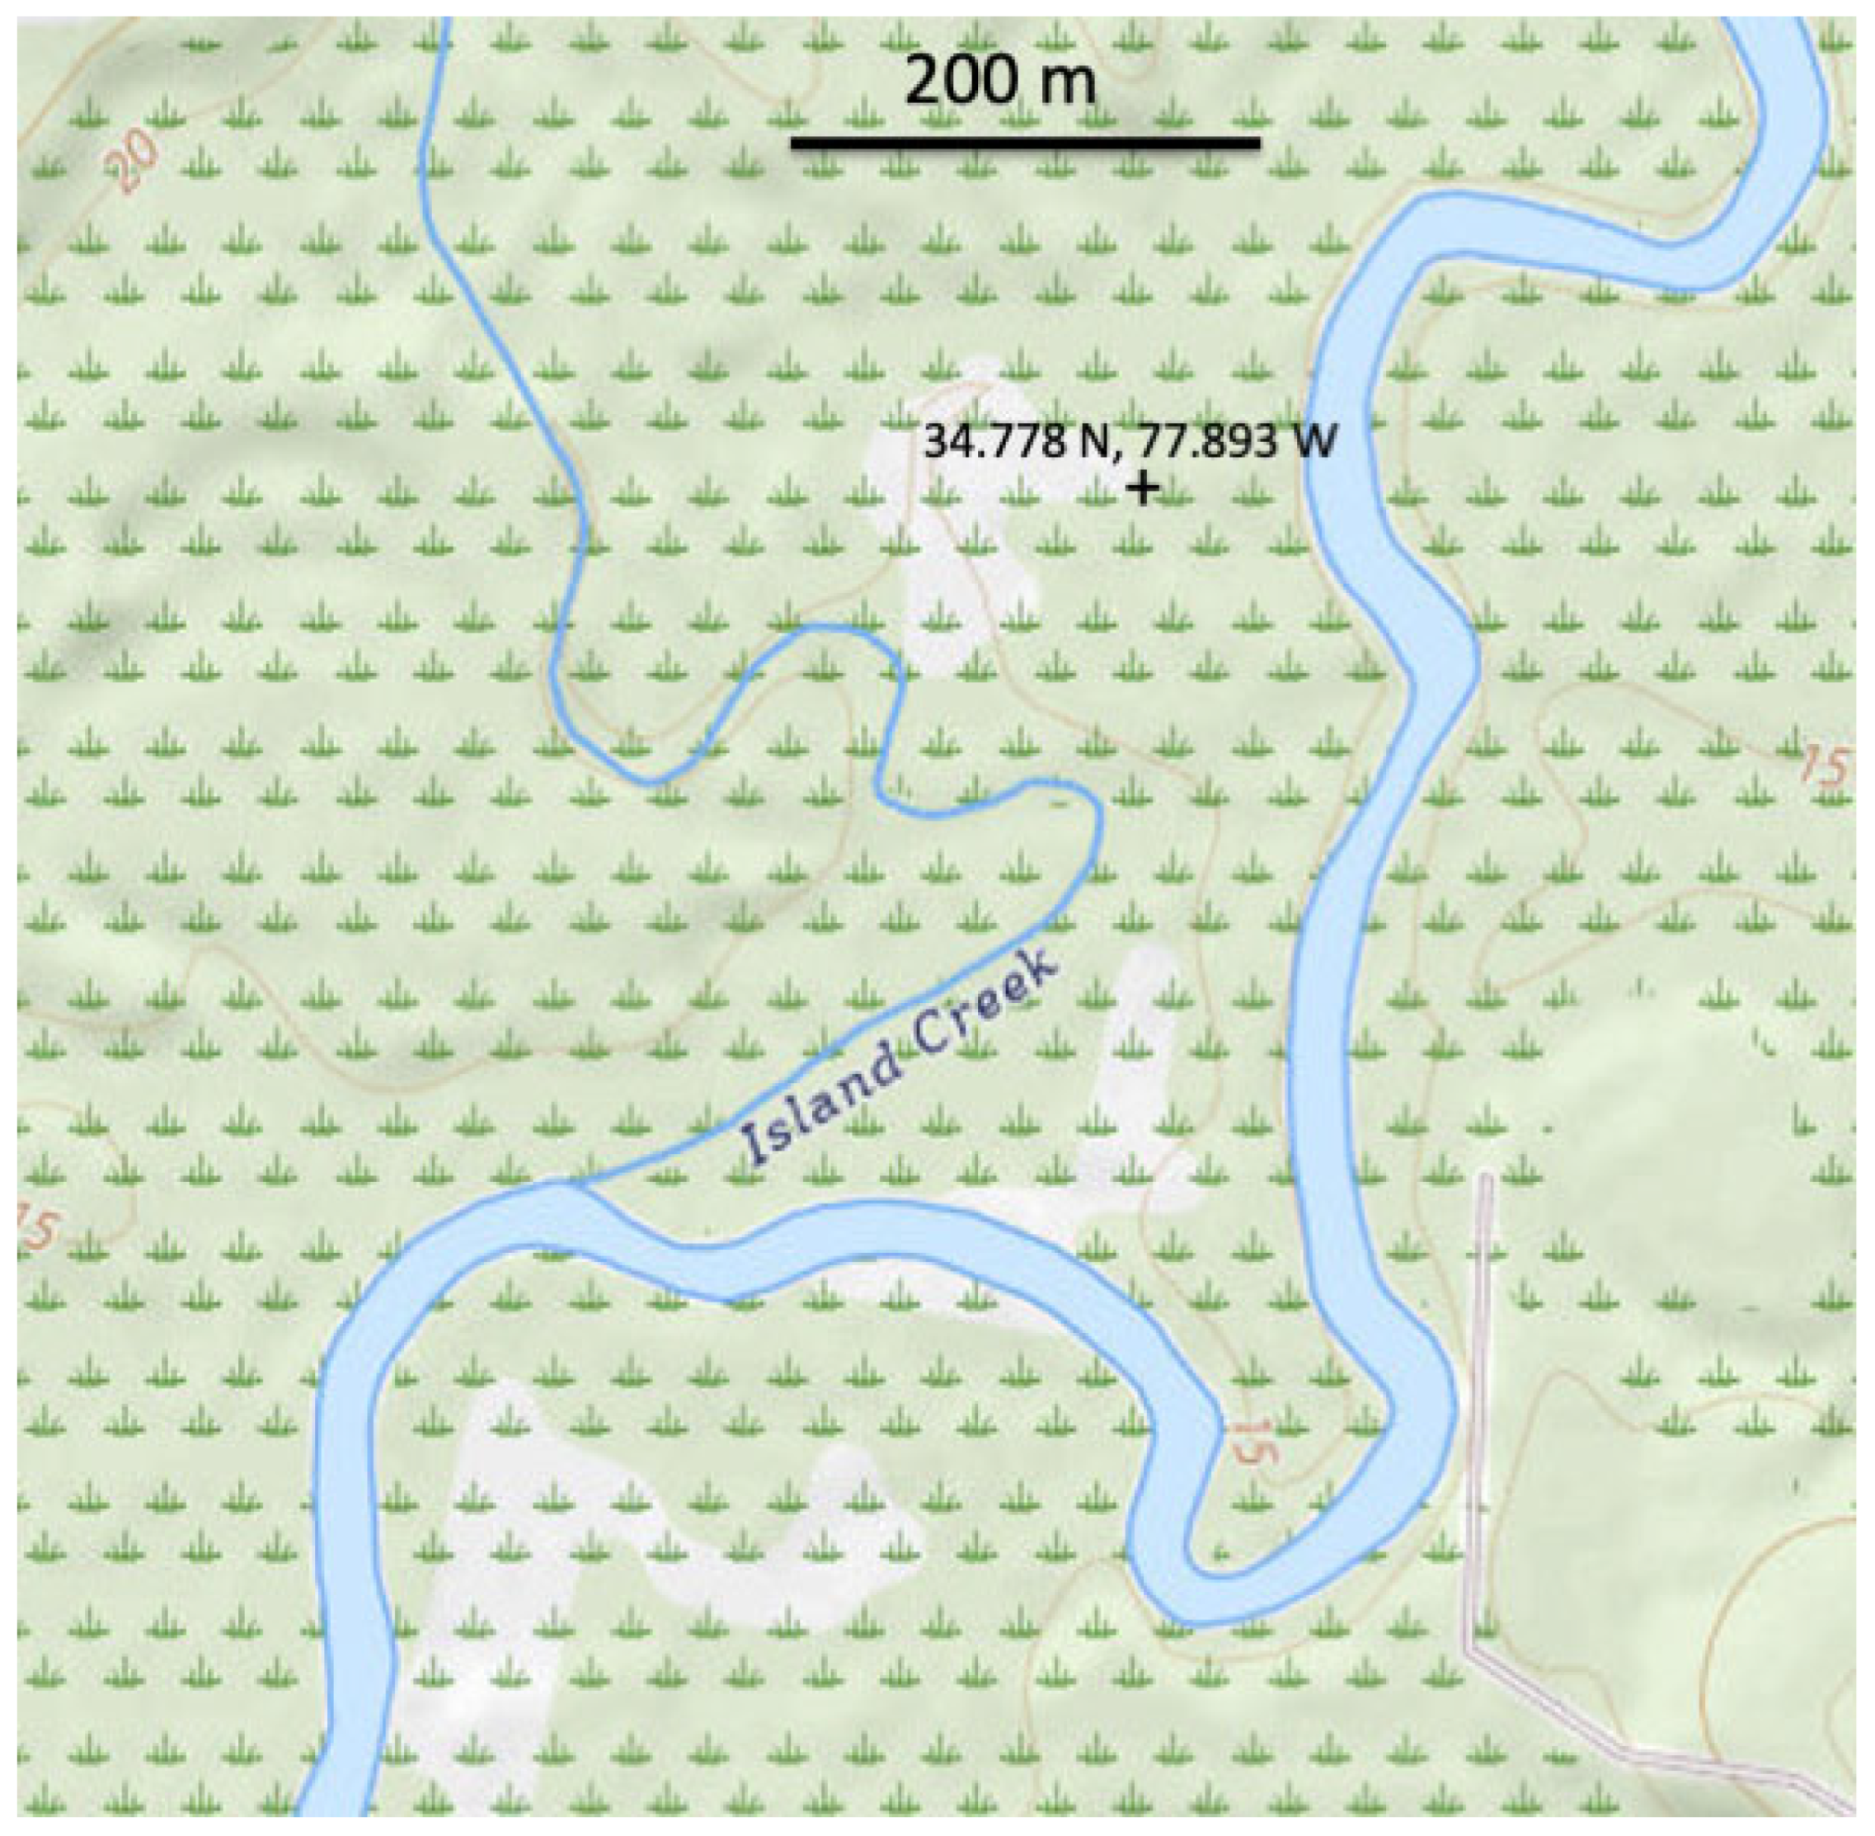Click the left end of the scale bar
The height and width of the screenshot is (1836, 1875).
pos(793,144)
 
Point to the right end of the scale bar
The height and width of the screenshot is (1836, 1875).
pos(1259,144)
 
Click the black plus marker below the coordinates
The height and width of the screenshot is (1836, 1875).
pos(1144,488)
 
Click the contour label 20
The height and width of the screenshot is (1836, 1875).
pos(130,160)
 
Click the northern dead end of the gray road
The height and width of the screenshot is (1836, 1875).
pos(1486,1177)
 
